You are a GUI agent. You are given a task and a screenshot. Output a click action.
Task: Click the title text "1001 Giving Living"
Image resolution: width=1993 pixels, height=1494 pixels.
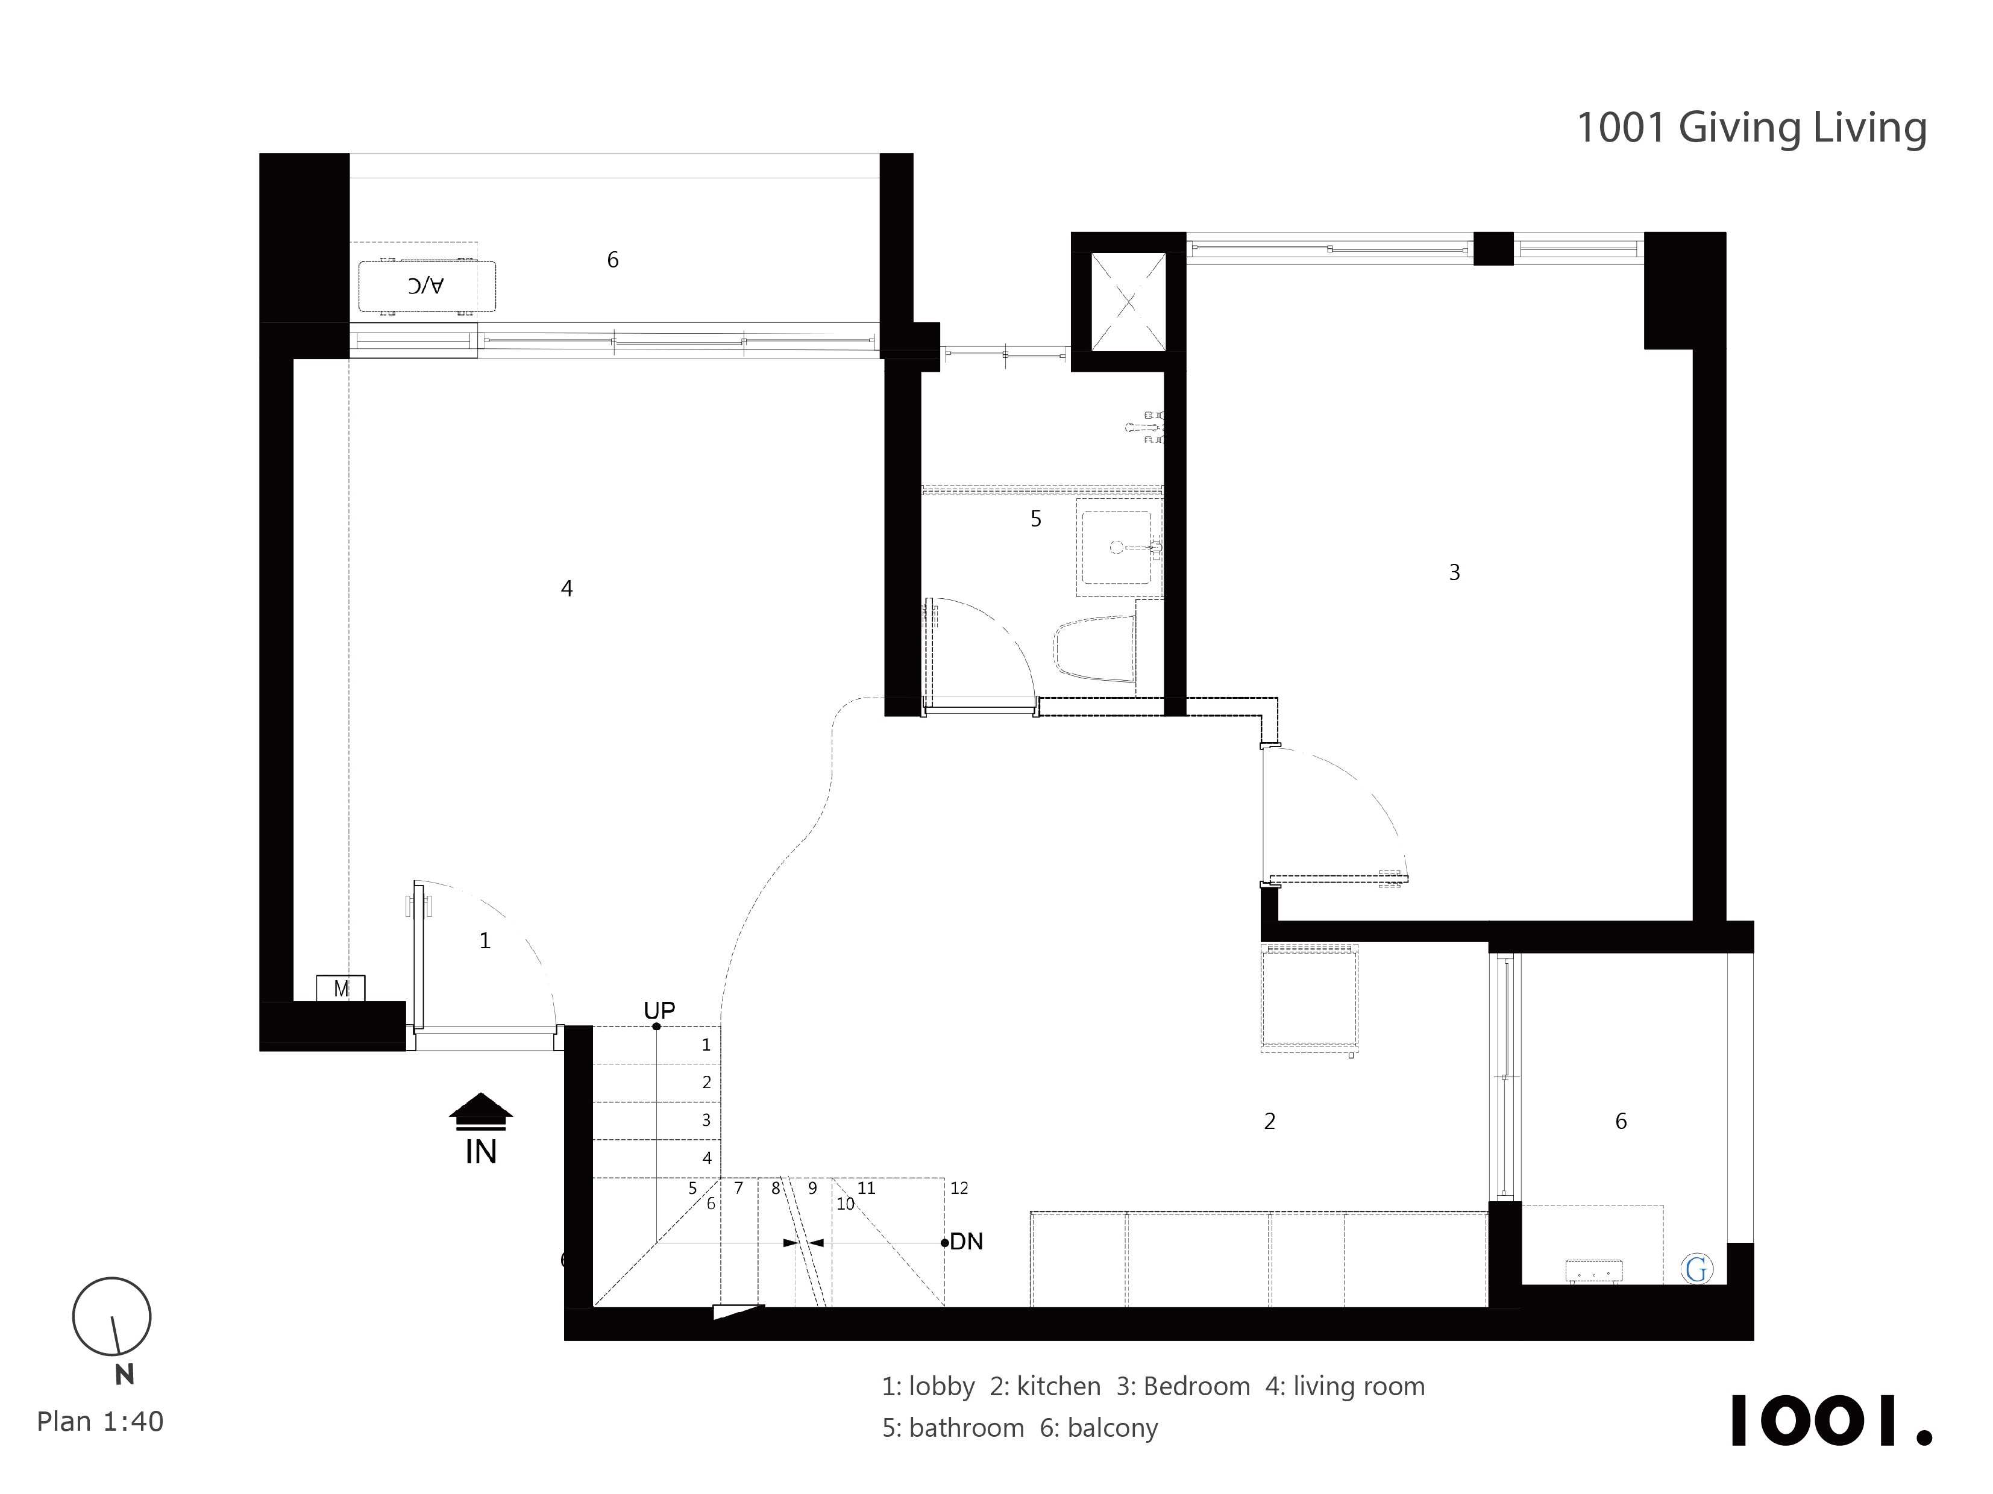click(x=1751, y=128)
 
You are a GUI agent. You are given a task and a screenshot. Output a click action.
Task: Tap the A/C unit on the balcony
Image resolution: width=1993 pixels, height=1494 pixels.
click(x=427, y=286)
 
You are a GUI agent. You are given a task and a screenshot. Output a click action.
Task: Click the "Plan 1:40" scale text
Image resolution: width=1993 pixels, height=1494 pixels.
click(x=100, y=1421)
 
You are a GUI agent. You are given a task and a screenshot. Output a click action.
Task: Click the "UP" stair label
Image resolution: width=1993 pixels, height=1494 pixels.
click(x=659, y=1010)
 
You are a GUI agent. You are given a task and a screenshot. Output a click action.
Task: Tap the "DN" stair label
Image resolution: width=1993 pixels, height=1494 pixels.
click(x=967, y=1241)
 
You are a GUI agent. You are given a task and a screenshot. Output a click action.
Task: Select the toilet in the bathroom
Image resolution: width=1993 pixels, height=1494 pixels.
click(x=1094, y=648)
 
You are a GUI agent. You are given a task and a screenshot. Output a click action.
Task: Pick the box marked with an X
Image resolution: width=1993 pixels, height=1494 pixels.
click(x=1128, y=302)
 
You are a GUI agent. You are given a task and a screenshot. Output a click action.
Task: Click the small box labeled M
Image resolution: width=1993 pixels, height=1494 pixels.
click(x=341, y=988)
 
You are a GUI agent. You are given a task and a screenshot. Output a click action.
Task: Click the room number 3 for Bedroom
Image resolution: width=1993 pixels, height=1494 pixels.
click(x=1454, y=572)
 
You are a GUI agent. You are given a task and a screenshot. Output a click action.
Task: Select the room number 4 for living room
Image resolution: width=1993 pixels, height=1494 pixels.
click(x=567, y=588)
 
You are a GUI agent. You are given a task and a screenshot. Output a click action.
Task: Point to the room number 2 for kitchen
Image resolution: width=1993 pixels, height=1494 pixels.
click(x=1269, y=1121)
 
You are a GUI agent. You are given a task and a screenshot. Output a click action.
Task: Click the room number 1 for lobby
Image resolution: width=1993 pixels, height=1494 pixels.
click(x=485, y=941)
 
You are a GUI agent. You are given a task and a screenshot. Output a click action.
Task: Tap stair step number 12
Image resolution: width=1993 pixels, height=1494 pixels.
click(x=959, y=1188)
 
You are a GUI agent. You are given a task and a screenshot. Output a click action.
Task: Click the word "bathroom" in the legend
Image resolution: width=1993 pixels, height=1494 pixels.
click(x=967, y=1428)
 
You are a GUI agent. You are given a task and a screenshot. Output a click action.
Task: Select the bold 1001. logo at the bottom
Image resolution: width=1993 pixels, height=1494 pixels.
click(x=1831, y=1421)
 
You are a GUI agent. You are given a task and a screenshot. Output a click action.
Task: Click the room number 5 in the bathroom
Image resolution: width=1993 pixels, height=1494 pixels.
click(x=1036, y=519)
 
